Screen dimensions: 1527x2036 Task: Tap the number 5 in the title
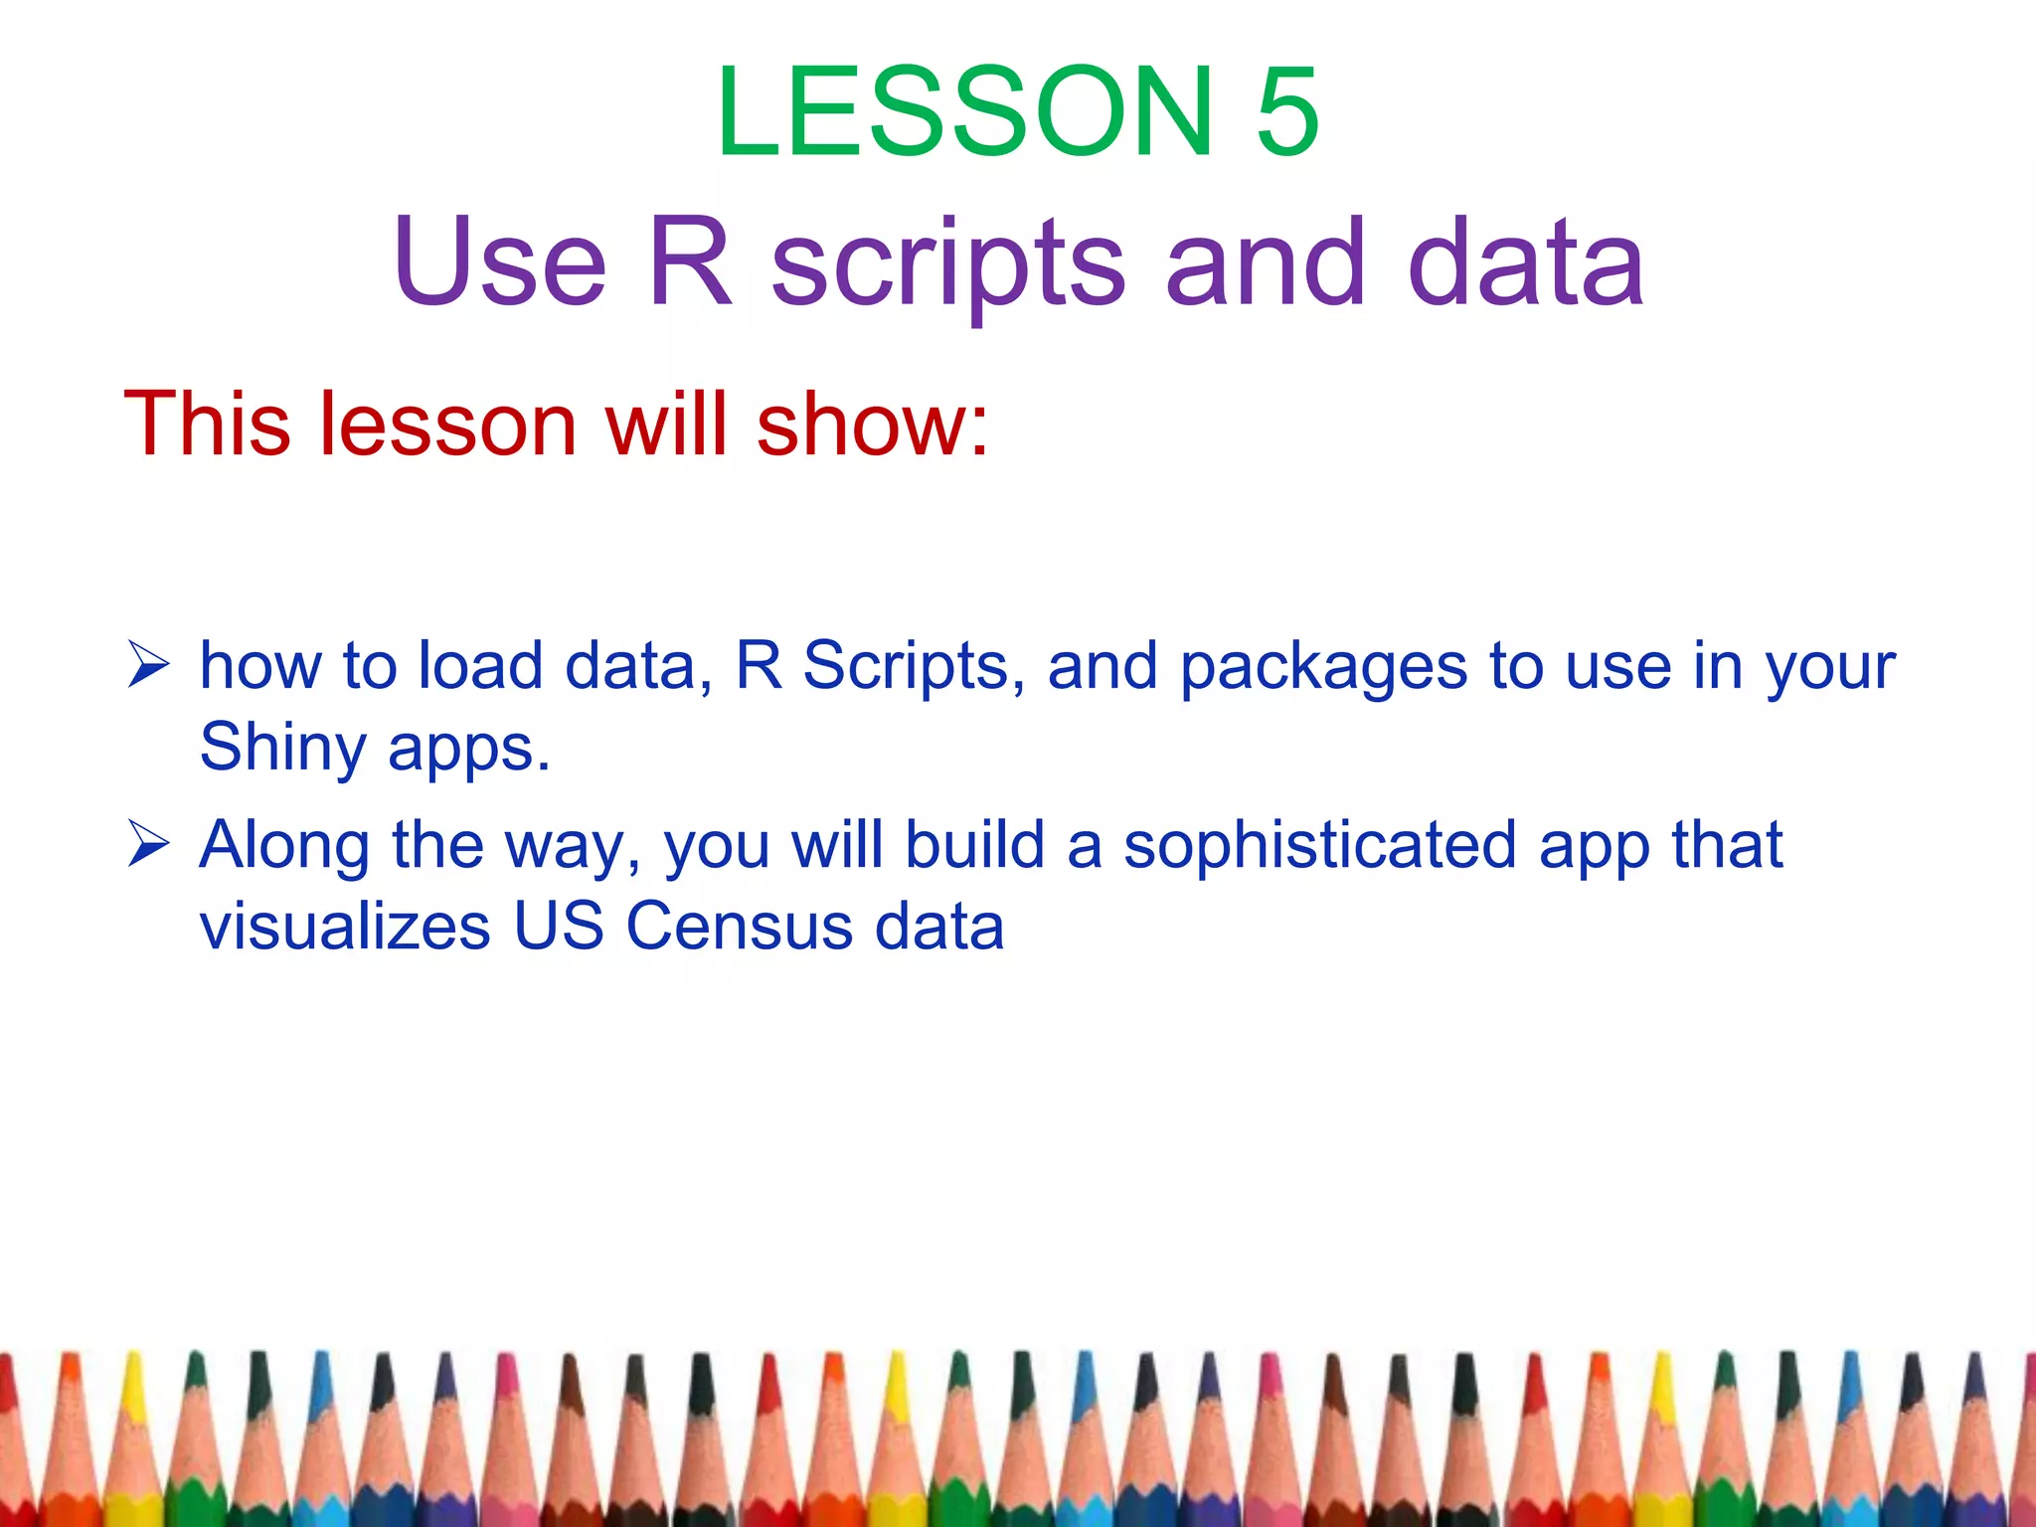click(1287, 111)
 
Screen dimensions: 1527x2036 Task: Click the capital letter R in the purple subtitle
click(690, 262)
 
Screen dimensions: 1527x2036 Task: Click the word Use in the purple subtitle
click(499, 262)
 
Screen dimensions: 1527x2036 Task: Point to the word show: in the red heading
click(872, 424)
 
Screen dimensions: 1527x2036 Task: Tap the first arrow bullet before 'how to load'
click(149, 665)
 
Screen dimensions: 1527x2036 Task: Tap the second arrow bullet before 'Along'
click(149, 845)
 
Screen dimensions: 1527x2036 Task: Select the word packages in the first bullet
click(1323, 668)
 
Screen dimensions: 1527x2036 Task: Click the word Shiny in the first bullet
click(282, 749)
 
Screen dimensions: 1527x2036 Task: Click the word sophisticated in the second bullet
click(1320, 847)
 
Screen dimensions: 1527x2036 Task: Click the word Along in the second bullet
click(284, 847)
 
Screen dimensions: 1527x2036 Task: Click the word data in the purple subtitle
click(1526, 262)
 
